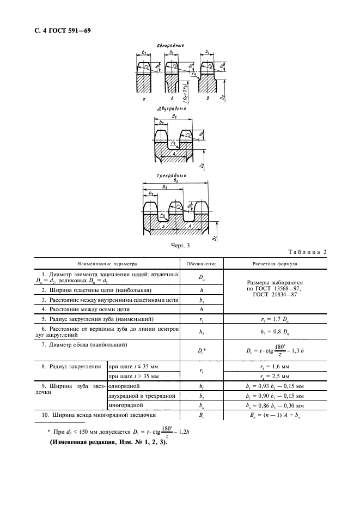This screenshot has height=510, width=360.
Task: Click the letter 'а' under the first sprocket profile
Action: click(143, 100)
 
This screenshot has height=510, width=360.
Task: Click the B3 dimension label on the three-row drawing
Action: click(175, 181)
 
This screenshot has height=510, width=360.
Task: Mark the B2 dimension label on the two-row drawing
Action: click(174, 116)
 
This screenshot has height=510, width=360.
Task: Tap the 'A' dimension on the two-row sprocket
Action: click(173, 155)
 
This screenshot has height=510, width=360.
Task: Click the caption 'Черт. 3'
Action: click(180, 246)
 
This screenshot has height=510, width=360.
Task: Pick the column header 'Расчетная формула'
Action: click(275, 264)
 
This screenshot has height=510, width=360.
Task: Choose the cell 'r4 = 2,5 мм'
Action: click(275, 377)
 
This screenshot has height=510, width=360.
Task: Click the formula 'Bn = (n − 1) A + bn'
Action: click(275, 416)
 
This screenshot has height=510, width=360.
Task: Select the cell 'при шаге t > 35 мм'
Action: click(134, 377)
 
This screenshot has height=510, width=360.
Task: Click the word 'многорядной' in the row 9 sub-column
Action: click(126, 405)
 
